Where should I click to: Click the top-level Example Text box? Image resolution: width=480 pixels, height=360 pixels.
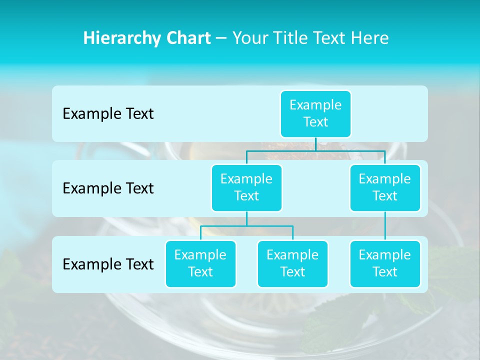pyautogui.click(x=315, y=113)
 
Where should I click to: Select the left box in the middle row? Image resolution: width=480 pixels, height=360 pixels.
pyautogui.click(x=246, y=187)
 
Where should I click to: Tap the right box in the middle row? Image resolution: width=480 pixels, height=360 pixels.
pyautogui.click(x=385, y=187)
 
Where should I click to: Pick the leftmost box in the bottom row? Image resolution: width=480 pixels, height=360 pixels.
pyautogui.click(x=200, y=263)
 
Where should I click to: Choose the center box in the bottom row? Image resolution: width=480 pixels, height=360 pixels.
pyautogui.click(x=292, y=263)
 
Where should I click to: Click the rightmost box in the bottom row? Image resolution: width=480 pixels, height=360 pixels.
pyautogui.click(x=385, y=263)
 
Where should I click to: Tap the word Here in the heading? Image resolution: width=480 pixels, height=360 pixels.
pyautogui.click(x=371, y=38)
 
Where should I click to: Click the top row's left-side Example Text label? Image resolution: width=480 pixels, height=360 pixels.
pyautogui.click(x=108, y=114)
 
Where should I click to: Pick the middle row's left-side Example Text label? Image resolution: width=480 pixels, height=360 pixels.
pyautogui.click(x=108, y=188)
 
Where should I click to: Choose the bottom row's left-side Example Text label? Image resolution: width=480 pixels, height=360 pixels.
pyautogui.click(x=108, y=264)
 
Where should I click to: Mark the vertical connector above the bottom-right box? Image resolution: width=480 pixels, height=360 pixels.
pyautogui.click(x=385, y=226)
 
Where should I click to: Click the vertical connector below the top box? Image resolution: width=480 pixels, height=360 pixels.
pyautogui.click(x=315, y=144)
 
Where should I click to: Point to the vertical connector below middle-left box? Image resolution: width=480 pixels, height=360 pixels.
pyautogui.click(x=246, y=218)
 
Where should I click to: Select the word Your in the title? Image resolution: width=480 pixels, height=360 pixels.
pyautogui.click(x=248, y=38)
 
